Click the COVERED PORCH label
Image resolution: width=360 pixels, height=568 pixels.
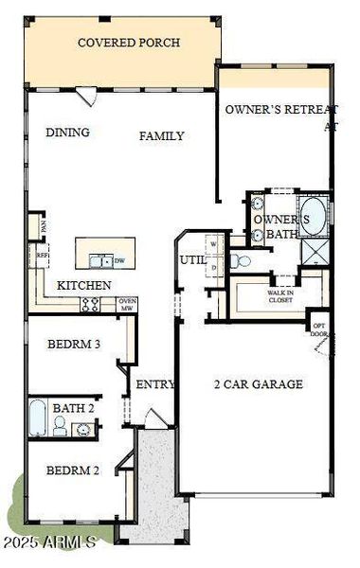click(x=129, y=43)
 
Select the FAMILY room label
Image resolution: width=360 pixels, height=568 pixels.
click(x=162, y=136)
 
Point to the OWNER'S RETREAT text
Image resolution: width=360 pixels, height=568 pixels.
click(x=280, y=110)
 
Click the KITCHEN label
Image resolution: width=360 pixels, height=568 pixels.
click(x=84, y=285)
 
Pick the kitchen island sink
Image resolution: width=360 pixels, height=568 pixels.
click(x=99, y=260)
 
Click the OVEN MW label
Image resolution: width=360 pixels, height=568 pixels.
click(x=127, y=304)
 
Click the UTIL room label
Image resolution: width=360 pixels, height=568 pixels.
click(x=192, y=258)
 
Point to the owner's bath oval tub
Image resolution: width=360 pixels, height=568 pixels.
click(x=312, y=217)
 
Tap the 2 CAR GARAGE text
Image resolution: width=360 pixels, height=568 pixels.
click(x=258, y=383)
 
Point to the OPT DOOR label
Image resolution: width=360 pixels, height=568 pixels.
click(x=319, y=330)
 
